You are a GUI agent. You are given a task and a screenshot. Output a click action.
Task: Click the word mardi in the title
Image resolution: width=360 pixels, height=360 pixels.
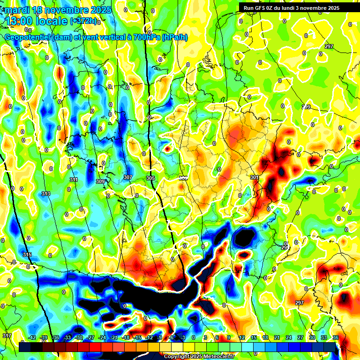point(17,10)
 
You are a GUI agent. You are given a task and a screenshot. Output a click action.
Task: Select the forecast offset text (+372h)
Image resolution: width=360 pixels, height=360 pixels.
point(84,21)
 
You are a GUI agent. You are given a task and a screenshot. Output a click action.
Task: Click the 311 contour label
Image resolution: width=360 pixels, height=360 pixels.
point(74,180)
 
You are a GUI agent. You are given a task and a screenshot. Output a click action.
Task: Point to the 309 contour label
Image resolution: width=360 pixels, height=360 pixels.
point(100,181)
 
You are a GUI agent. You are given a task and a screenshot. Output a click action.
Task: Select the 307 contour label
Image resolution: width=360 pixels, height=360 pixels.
point(128,177)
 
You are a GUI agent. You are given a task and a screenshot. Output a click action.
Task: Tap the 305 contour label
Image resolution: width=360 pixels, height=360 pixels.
point(150,178)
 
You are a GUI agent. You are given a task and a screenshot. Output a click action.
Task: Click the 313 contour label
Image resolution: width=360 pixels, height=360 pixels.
point(45,194)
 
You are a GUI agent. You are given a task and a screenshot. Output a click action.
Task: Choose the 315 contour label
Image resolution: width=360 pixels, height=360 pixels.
point(27,255)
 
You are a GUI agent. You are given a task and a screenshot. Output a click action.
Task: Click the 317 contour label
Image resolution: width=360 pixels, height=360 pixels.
point(7,336)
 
